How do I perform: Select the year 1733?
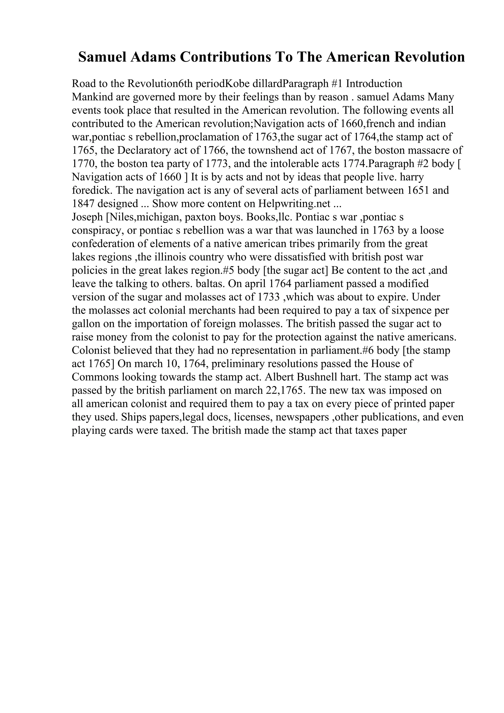pos(269,297)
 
